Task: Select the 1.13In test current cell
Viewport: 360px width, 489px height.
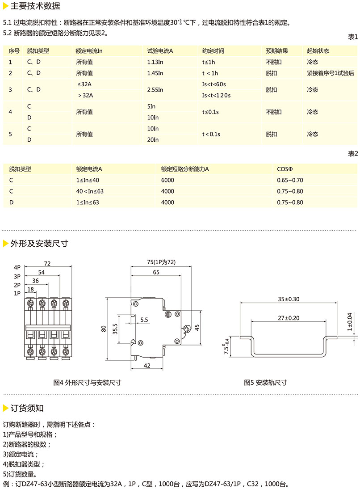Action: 155,62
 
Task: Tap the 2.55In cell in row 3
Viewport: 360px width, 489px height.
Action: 155,90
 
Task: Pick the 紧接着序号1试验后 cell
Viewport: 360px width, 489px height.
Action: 330,73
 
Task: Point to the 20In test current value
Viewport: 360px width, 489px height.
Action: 153,140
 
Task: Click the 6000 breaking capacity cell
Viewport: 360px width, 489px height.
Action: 167,180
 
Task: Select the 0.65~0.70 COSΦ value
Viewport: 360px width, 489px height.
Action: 290,180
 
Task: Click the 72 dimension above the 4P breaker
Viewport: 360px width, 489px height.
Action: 47,263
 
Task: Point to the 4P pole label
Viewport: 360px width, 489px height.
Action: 17,267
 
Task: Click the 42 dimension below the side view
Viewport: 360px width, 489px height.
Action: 147,365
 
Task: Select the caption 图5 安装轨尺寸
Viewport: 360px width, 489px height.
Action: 265,383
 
